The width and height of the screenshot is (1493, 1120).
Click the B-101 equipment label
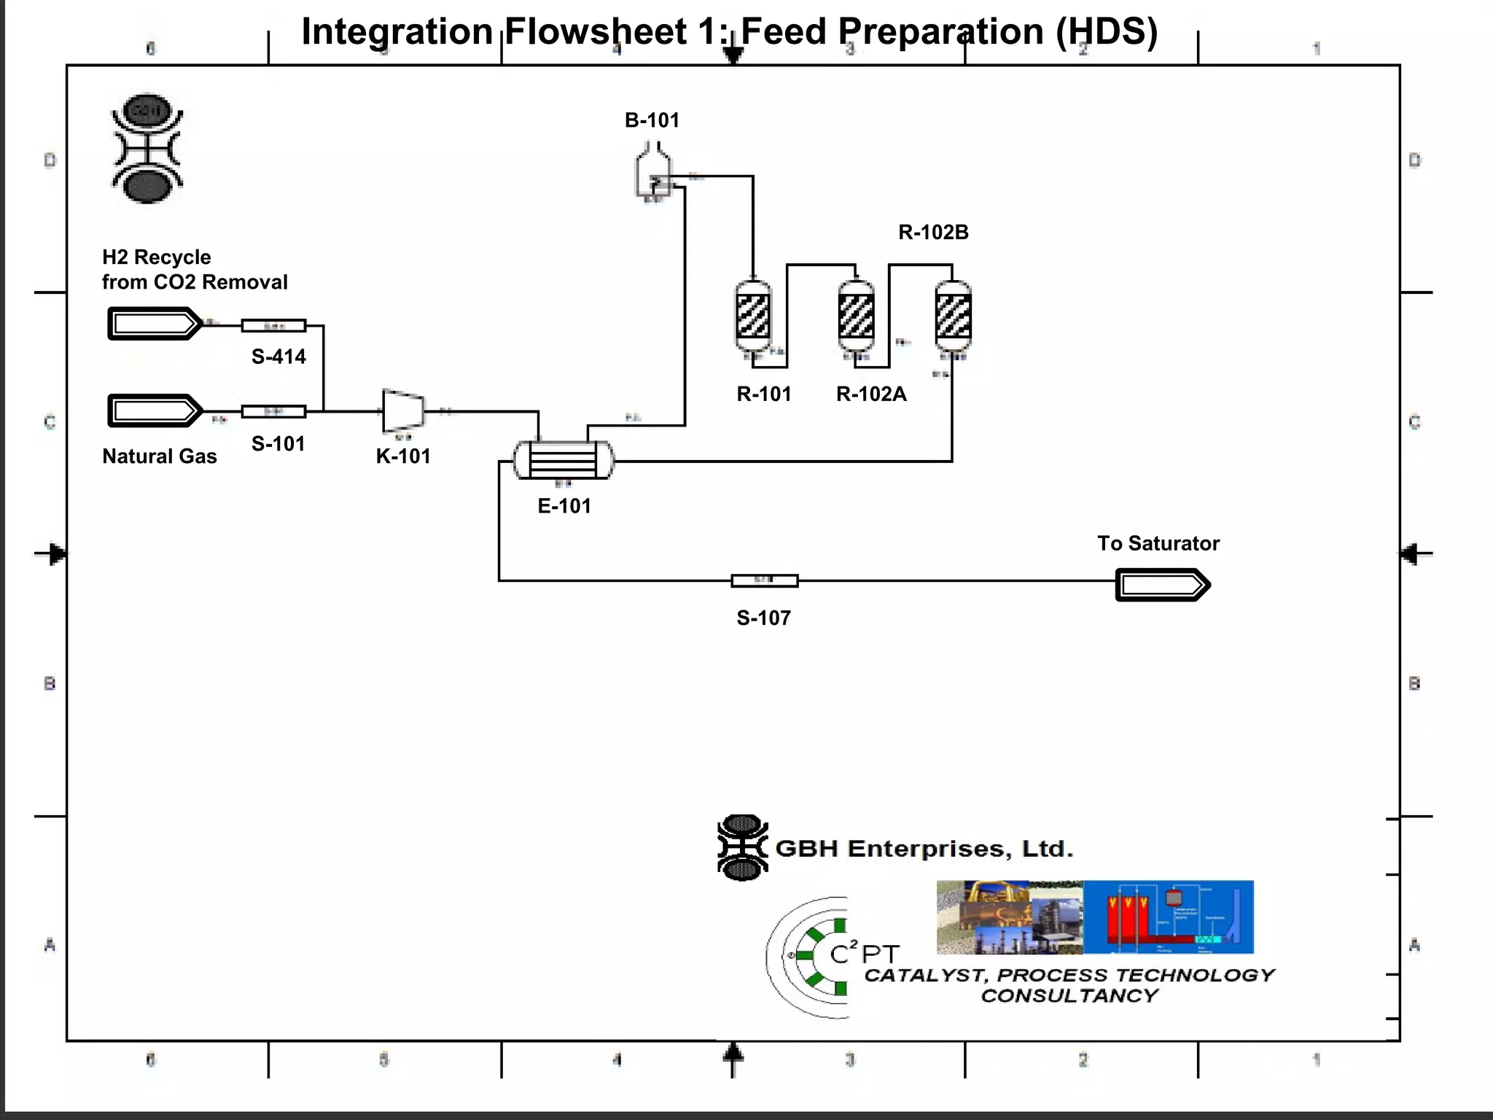pos(652,120)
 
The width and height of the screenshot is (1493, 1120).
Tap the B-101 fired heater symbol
pos(652,172)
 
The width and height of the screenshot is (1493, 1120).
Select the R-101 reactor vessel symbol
pos(753,317)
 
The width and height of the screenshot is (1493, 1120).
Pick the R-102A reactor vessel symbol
pos(857,317)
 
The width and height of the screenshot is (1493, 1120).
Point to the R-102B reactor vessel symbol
pos(953,317)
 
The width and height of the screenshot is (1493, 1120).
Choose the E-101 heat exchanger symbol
pos(564,461)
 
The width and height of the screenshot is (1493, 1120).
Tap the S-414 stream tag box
pos(273,326)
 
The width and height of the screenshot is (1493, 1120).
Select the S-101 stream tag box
pos(273,412)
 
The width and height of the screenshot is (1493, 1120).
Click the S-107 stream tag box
pos(765,581)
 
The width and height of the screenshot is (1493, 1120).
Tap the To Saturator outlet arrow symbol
pos(1162,586)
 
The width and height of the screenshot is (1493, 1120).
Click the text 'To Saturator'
pos(1158,544)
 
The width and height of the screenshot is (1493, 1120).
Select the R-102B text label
pos(933,233)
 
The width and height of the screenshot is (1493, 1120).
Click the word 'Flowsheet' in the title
pos(595,32)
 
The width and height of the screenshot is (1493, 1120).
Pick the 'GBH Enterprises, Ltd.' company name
pos(924,849)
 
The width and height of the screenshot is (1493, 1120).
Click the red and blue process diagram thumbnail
pos(1168,917)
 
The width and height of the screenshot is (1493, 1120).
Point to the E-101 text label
pos(564,506)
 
